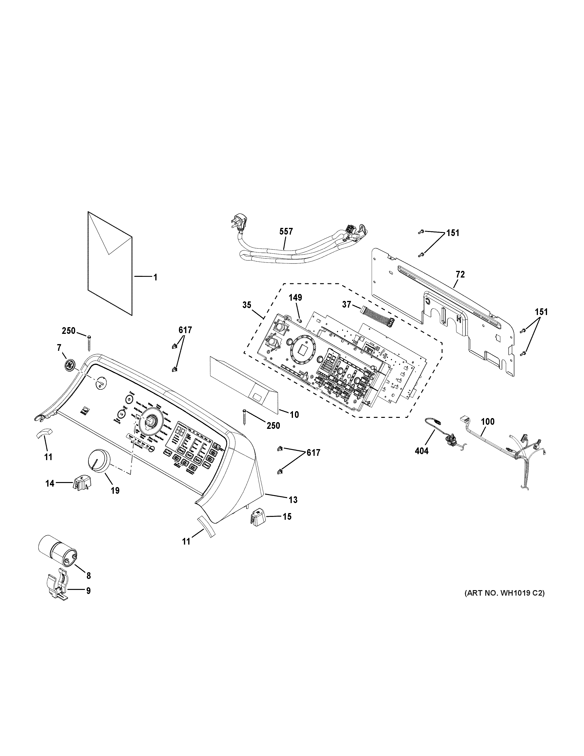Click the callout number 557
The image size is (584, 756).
click(x=286, y=231)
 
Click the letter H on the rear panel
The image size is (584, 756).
click(x=459, y=319)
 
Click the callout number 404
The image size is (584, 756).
click(x=421, y=451)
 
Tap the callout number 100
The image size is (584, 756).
click(x=487, y=422)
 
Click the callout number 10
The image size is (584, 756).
click(x=294, y=414)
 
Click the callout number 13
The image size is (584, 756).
click(x=293, y=499)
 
